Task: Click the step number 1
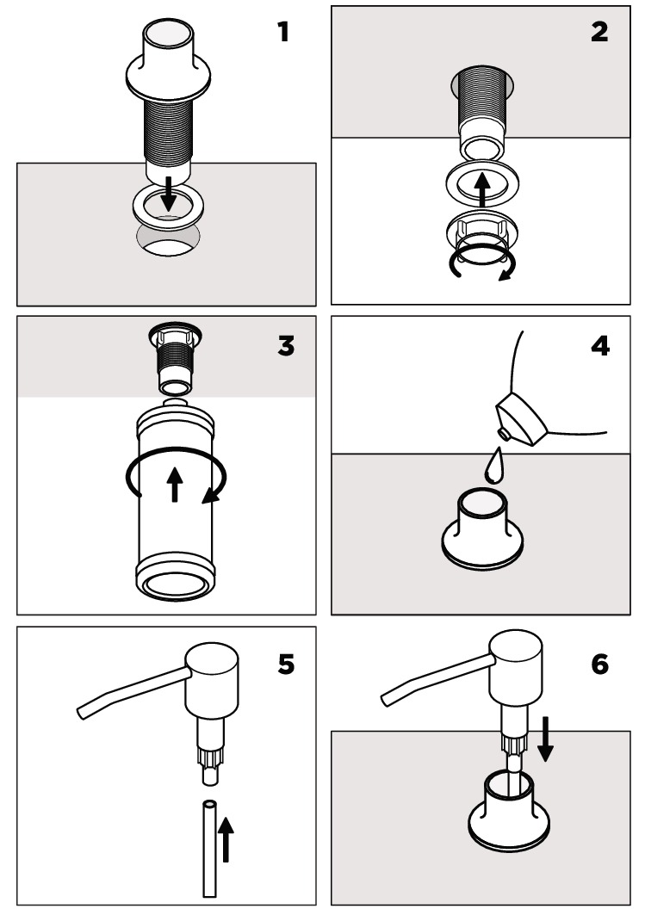(x=283, y=32)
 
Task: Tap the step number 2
(x=599, y=32)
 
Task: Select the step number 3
(x=286, y=346)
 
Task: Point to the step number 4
(x=600, y=346)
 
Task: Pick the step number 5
(x=286, y=664)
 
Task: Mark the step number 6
(x=600, y=664)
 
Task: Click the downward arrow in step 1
(x=169, y=195)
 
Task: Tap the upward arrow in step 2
(x=481, y=189)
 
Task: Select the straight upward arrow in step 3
(x=175, y=484)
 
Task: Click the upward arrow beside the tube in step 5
(x=226, y=839)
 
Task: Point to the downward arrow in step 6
(x=545, y=739)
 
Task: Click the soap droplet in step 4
(x=493, y=466)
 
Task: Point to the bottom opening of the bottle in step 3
(x=176, y=585)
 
